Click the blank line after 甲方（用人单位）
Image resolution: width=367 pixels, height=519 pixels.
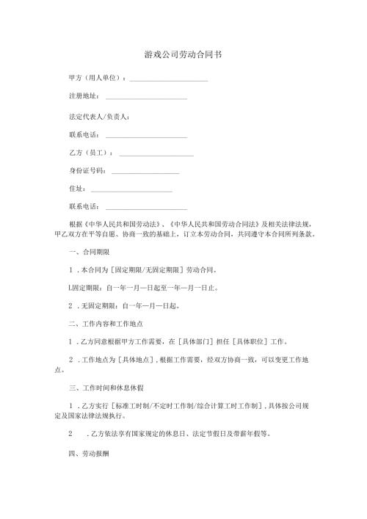pos(168,79)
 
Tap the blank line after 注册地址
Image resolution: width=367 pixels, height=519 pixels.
pos(146,97)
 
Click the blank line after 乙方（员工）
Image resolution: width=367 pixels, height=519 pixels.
pos(156,153)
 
